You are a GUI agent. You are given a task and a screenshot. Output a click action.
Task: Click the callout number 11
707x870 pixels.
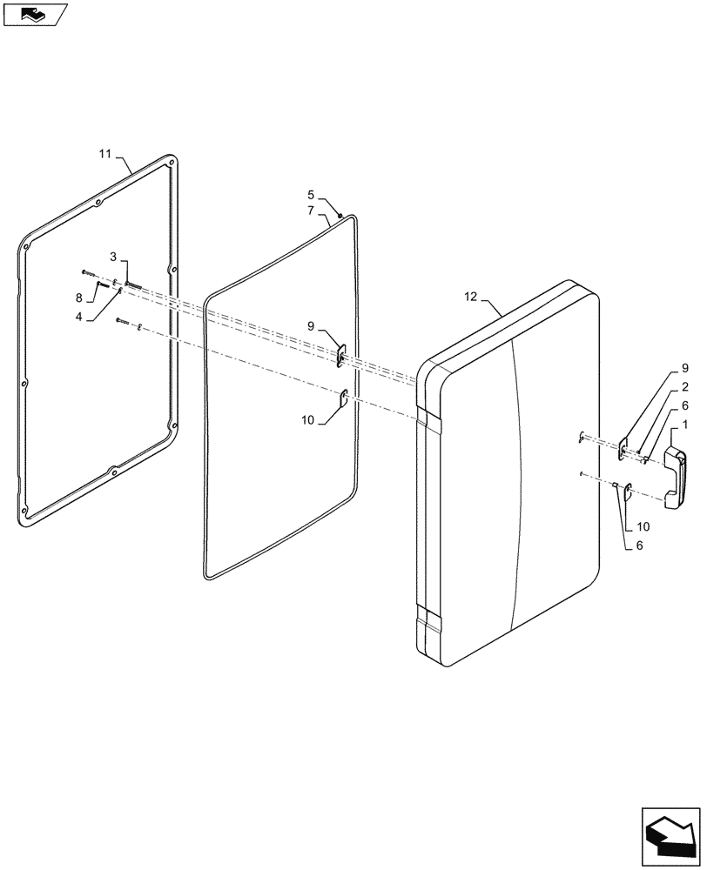pos(104,154)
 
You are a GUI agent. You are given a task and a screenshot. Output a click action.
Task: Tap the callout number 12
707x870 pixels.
pos(471,298)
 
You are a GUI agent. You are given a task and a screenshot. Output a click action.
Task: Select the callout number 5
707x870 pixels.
pos(310,195)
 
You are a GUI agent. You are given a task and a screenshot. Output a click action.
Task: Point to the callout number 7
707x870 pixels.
pos(310,211)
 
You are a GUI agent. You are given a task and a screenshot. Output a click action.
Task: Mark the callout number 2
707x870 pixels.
pos(685,386)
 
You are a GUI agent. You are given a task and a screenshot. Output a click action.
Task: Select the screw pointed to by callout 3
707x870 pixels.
pos(132,283)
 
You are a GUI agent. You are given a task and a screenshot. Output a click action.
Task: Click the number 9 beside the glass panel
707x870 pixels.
pos(311,326)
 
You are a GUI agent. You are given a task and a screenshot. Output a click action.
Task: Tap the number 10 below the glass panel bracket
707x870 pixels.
pos(307,420)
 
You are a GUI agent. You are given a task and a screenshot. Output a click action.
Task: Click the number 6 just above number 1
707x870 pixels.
pos(685,405)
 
